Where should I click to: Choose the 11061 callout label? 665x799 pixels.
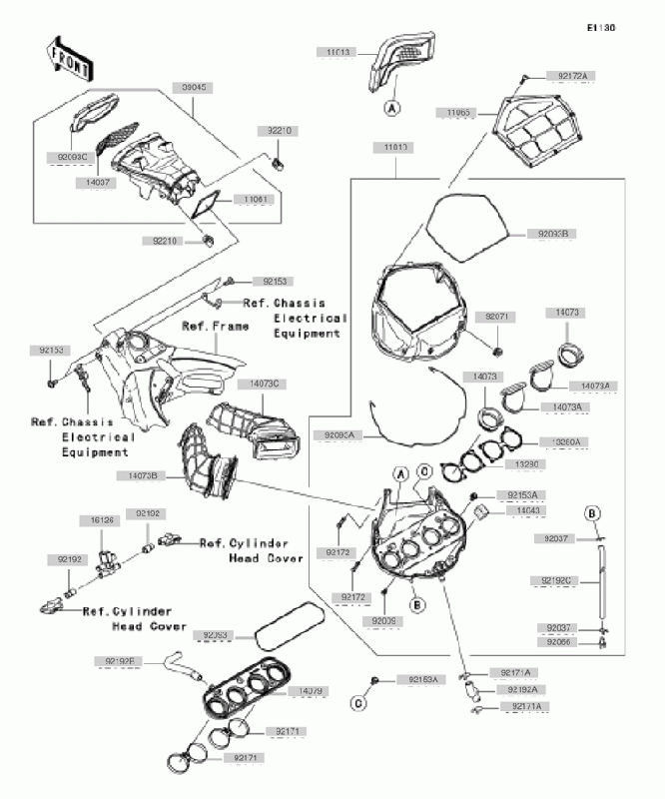point(252,200)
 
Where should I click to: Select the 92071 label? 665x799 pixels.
point(498,316)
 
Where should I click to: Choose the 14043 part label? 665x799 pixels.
point(530,509)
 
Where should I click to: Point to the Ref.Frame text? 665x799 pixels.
point(214,327)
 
